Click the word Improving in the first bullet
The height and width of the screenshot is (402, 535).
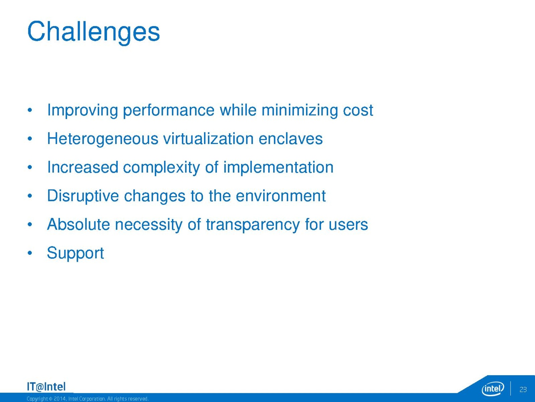(x=82, y=111)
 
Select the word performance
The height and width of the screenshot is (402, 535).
(x=169, y=111)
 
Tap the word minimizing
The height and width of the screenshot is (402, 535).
(x=300, y=111)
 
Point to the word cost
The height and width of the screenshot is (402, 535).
(x=358, y=111)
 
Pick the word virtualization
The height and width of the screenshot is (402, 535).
(x=208, y=139)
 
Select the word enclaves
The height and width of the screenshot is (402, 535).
(x=291, y=139)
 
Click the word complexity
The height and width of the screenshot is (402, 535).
(x=162, y=168)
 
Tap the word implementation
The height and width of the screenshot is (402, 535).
(x=278, y=168)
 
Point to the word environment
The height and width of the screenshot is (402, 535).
(x=281, y=196)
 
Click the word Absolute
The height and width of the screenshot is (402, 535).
(x=79, y=224)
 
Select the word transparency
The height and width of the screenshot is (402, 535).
(x=253, y=225)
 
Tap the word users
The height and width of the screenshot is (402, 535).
(x=348, y=225)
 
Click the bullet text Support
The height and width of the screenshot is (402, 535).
(x=76, y=253)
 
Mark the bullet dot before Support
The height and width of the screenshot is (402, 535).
(x=30, y=253)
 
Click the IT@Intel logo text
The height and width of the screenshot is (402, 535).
(x=46, y=387)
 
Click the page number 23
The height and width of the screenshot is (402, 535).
(x=523, y=389)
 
